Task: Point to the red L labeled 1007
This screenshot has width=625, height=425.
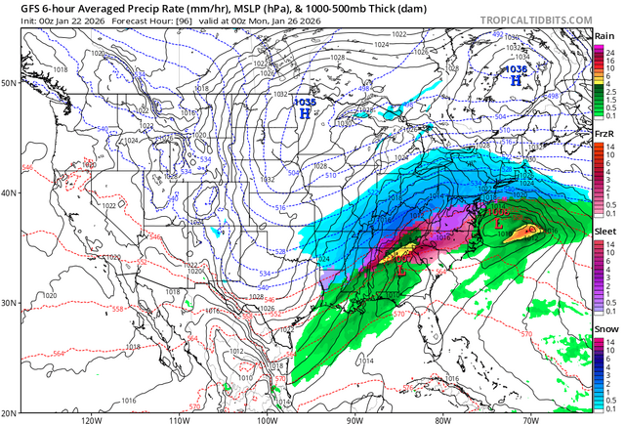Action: tap(400, 270)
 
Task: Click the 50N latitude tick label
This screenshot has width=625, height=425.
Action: tap(9, 83)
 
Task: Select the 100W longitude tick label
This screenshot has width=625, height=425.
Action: tap(267, 419)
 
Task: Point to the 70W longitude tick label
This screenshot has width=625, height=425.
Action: tap(530, 419)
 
